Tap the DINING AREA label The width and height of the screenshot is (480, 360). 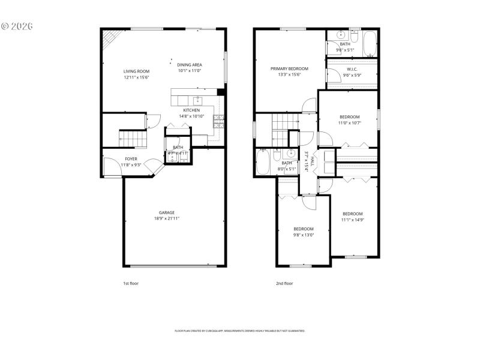(x=189, y=65)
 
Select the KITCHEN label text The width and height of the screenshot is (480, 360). (x=191, y=110)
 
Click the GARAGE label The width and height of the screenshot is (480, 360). (x=167, y=212)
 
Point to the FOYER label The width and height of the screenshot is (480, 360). (x=131, y=159)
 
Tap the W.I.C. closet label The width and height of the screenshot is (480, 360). (x=352, y=69)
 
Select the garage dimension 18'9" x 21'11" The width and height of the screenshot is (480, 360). (x=167, y=219)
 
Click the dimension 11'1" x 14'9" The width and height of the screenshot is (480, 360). (x=353, y=220)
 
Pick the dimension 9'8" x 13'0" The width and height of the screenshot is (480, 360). (x=304, y=235)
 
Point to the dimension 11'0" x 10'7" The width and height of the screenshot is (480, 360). (x=350, y=123)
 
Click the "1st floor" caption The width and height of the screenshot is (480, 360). (x=130, y=283)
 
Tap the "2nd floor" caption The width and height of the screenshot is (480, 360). (x=284, y=283)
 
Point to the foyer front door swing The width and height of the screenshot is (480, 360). (x=112, y=167)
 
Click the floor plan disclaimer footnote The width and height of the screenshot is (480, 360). (x=240, y=331)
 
